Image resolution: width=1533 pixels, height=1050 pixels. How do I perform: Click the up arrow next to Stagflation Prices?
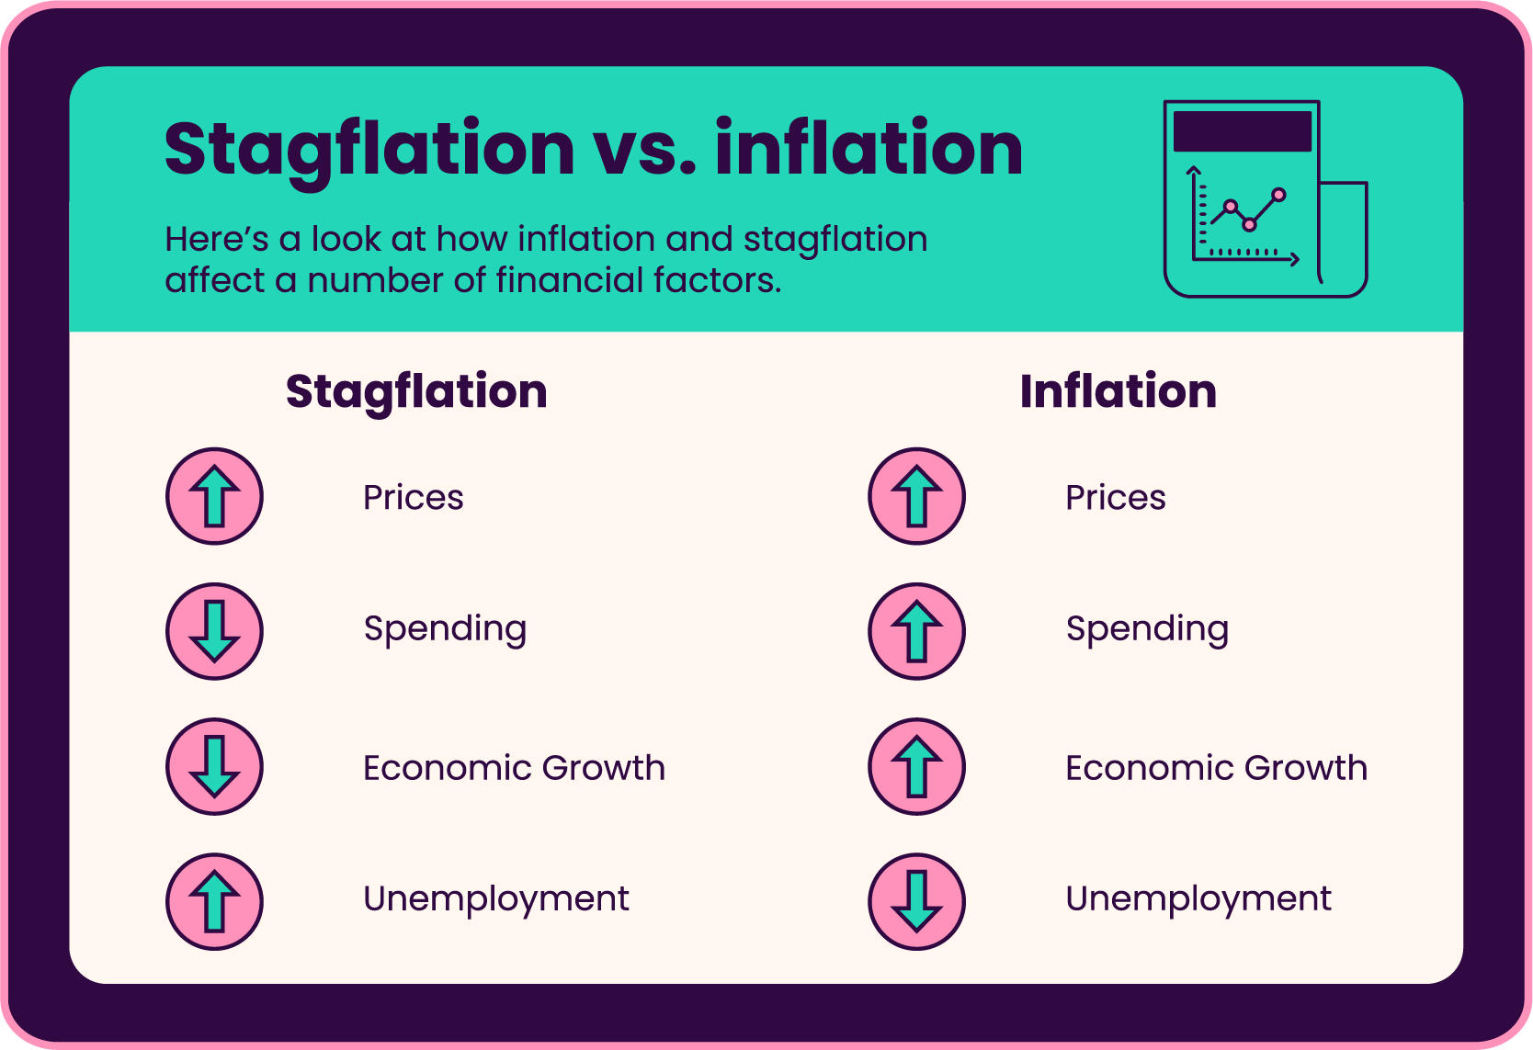pos(214,496)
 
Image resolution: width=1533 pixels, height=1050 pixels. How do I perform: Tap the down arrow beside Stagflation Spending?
pos(214,631)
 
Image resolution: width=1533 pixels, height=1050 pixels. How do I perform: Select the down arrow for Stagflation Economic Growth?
pos(214,766)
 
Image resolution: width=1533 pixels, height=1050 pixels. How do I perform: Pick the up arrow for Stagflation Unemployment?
pos(214,901)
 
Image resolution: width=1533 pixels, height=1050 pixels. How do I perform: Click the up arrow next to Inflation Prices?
pos(916,496)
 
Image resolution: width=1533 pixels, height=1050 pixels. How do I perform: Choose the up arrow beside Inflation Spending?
pos(916,631)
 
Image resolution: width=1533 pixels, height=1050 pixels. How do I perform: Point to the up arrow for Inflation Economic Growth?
pos(916,766)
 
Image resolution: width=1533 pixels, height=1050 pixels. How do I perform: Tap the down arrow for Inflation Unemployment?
pos(916,901)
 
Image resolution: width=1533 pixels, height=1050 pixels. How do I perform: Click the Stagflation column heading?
pos(416,391)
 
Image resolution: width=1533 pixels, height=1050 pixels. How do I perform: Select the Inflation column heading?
pos(1119,391)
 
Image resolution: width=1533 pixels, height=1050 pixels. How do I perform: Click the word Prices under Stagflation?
pos(414,498)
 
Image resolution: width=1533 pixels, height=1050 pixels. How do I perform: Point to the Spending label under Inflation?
pos(1147,629)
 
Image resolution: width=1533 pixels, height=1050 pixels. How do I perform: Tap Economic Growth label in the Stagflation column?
pos(514,768)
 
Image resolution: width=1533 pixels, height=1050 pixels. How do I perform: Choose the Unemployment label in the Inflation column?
pos(1198,898)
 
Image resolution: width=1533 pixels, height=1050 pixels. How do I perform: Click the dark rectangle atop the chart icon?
pos(1243,131)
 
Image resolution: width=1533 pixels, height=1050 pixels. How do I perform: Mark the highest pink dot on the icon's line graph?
pos(1278,195)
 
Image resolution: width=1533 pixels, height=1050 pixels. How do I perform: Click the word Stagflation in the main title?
pos(369,149)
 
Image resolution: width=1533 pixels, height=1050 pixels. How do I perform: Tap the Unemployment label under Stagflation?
pos(496,898)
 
